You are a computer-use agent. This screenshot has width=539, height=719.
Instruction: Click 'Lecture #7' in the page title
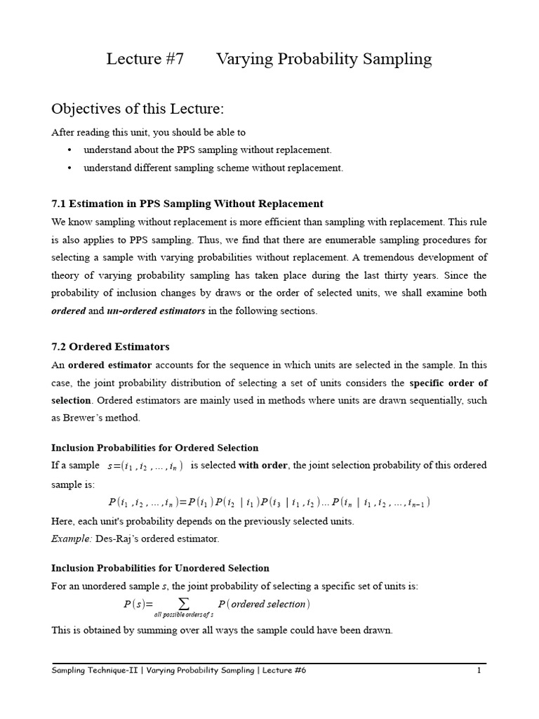tap(145, 59)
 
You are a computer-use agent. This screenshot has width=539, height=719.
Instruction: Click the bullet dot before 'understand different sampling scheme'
tap(70, 168)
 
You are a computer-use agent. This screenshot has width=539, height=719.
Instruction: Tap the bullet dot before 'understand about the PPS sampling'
tap(70, 150)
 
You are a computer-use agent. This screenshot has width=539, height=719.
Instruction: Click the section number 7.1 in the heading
tap(58, 204)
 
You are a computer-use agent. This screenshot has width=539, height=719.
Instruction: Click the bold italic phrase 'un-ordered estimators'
tap(156, 311)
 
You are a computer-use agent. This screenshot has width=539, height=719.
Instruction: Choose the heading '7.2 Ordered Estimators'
tap(110, 347)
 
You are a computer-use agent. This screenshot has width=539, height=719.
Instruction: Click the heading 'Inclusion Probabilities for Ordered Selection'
tap(155, 448)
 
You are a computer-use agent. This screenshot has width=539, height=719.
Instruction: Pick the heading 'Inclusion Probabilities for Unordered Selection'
tap(160, 568)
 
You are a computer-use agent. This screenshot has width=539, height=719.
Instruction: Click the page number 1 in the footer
tap(479, 671)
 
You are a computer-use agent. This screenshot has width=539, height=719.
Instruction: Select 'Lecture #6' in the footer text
tap(284, 671)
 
